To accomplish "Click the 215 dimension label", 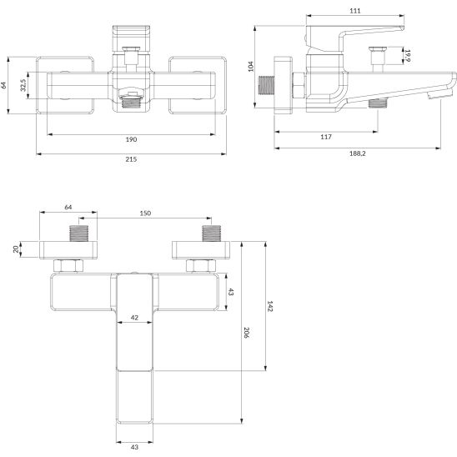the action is coord(131,159).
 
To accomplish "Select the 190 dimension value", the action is coord(131,139).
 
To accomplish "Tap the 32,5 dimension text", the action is coord(23,85).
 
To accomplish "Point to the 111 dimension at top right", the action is coord(355,11).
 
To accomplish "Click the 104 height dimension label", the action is coord(251,67).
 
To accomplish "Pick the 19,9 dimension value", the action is coord(407,55).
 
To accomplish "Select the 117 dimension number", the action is coord(326,137).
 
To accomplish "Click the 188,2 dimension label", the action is coord(357,153).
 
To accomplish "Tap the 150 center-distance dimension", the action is coord(145,213).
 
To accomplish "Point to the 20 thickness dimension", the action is coord(16,249).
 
